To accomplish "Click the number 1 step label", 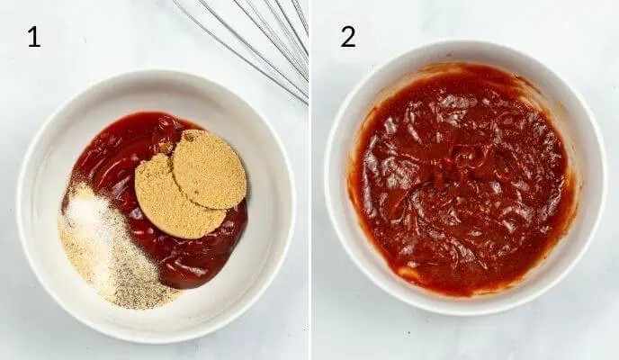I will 33,37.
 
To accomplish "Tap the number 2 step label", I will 347,37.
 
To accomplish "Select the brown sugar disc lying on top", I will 210,168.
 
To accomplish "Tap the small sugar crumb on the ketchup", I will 166,147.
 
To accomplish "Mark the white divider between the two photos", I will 310,180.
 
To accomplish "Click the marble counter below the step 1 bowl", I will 153,351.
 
